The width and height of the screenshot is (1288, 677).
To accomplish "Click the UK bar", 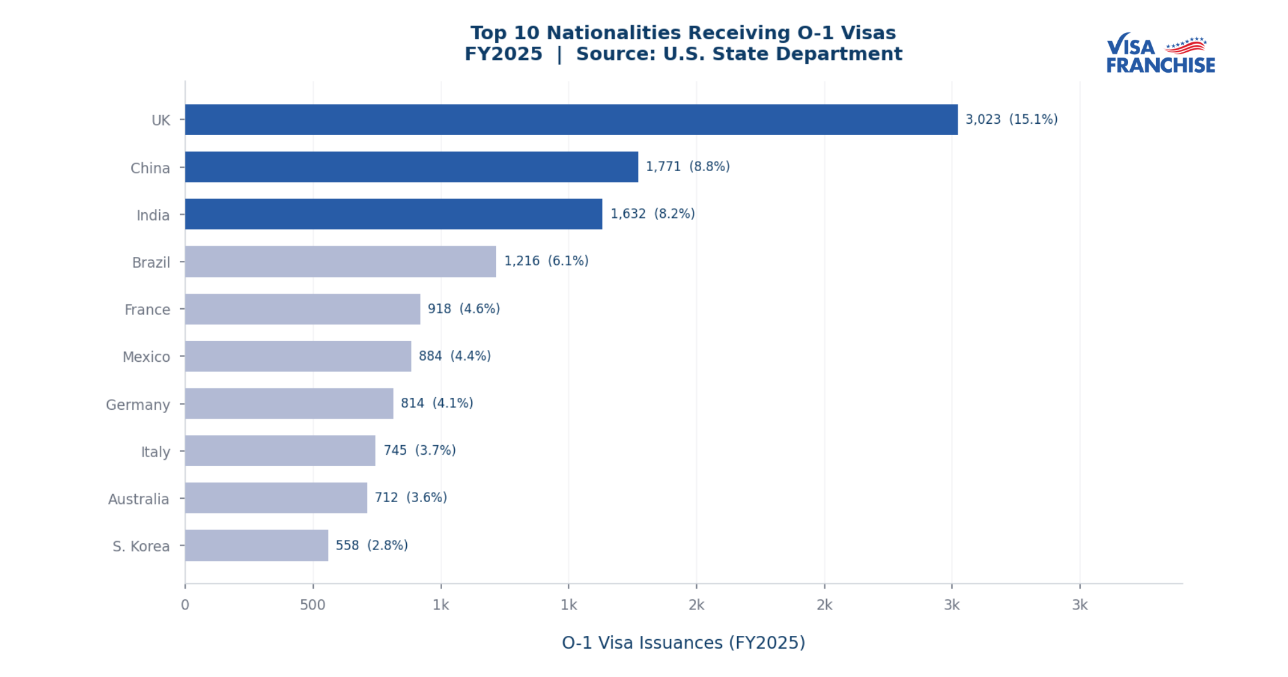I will pyautogui.click(x=571, y=119).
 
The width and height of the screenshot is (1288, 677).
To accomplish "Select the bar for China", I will pyautogui.click(x=411, y=167).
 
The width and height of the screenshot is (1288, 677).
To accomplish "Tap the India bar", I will pyautogui.click(x=393, y=214).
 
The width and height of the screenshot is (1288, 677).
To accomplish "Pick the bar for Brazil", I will pyautogui.click(x=340, y=261).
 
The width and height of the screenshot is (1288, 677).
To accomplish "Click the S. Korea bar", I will pyautogui.click(x=256, y=545).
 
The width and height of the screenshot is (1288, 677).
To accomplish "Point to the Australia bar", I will pyautogui.click(x=275, y=498).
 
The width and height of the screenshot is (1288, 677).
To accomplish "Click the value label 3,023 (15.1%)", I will pyautogui.click(x=1011, y=119).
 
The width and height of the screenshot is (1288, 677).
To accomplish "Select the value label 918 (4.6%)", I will pyautogui.click(x=464, y=309).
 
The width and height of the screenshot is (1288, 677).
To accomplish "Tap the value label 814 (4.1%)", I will pyautogui.click(x=436, y=403).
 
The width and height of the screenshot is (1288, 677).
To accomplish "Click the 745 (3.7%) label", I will pyautogui.click(x=419, y=450).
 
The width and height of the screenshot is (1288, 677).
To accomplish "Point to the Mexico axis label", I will pyautogui.click(x=146, y=357).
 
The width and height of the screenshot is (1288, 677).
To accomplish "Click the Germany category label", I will pyautogui.click(x=138, y=404).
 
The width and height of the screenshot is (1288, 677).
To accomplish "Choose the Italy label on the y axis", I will pyautogui.click(x=155, y=452).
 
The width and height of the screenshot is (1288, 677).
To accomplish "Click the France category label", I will pyautogui.click(x=147, y=309).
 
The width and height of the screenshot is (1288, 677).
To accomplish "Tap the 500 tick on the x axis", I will pyautogui.click(x=313, y=605).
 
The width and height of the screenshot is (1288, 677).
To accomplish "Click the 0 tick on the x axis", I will pyautogui.click(x=185, y=605).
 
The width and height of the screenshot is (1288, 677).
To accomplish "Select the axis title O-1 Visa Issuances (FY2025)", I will pyautogui.click(x=683, y=642).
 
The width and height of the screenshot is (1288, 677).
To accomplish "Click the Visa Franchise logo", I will pyautogui.click(x=1160, y=54).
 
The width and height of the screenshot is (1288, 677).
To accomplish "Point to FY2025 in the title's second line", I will pyautogui.click(x=503, y=54).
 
